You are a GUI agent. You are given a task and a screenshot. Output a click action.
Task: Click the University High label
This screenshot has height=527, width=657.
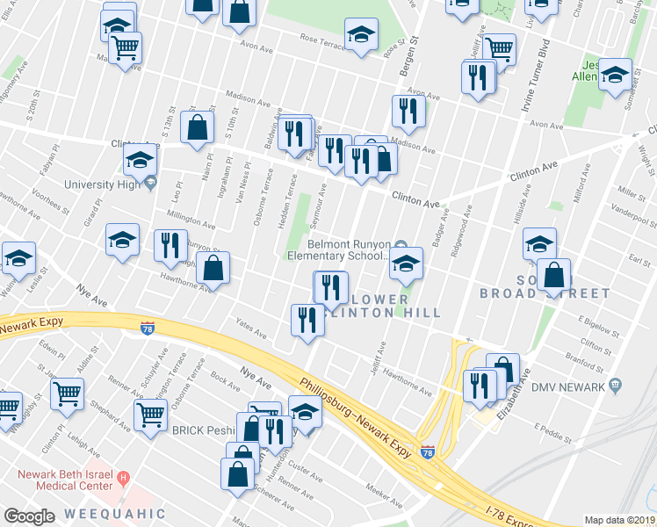point(102,184)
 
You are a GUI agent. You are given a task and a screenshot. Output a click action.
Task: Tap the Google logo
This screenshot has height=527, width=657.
point(29,516)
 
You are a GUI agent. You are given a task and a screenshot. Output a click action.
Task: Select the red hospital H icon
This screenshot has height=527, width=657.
point(124,480)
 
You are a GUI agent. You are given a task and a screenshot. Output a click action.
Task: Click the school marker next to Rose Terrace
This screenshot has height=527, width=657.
point(360,35)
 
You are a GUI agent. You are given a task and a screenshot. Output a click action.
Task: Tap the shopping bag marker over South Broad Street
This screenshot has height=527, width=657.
point(554,275)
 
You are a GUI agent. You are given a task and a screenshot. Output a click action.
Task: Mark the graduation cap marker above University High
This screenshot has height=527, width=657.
point(139,160)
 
